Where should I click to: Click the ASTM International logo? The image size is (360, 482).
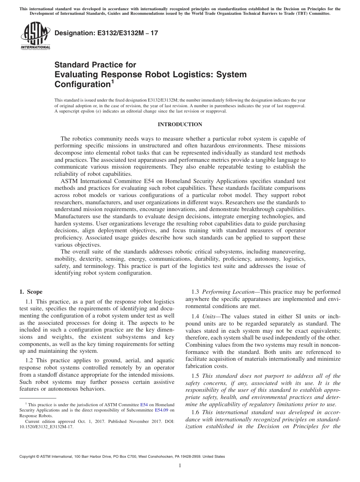[35, 36]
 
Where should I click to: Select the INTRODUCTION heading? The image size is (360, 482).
[180, 125]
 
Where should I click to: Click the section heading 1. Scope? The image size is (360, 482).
[31, 292]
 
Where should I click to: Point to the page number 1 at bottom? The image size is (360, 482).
[180, 466]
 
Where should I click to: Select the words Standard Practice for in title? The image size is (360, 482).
[95, 65]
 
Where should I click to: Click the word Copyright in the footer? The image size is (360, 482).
[29, 457]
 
